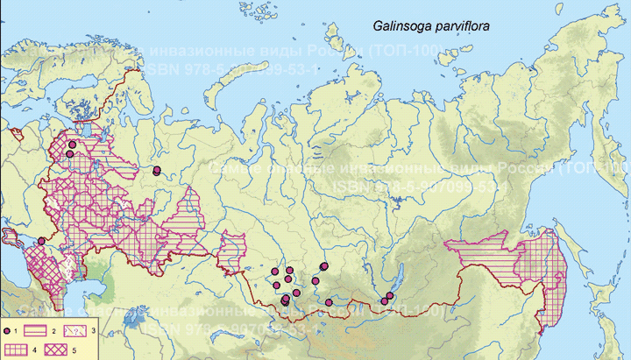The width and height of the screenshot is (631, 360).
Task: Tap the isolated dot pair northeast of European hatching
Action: point(157,171)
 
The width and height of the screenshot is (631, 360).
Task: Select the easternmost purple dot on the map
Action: point(390,296)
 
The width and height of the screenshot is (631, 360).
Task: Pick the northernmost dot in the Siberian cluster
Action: point(324,265)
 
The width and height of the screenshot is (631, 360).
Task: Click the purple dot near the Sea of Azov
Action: point(40,242)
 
